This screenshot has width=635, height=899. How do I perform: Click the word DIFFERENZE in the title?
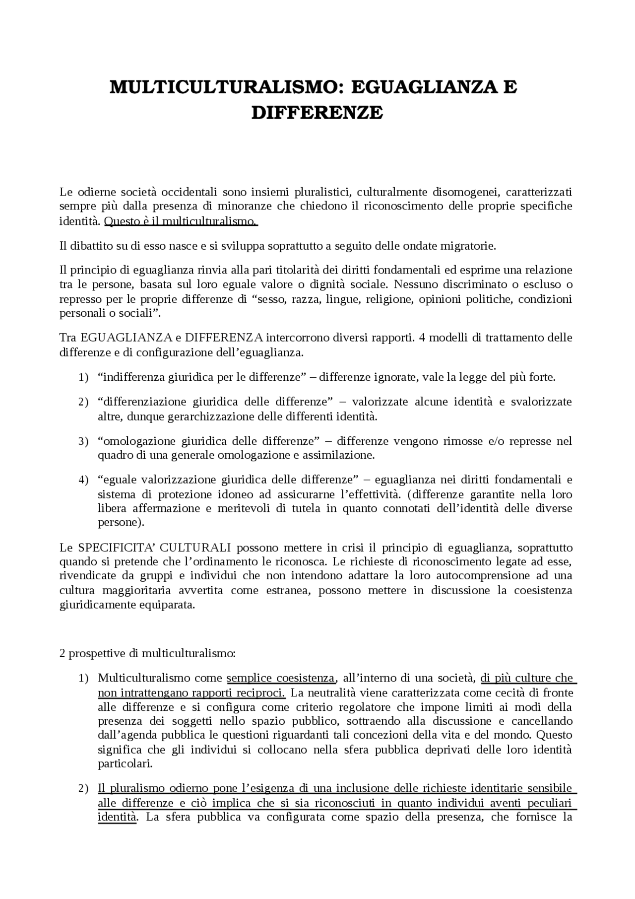point(317,113)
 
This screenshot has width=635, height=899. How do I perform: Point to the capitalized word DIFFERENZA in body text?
point(224,338)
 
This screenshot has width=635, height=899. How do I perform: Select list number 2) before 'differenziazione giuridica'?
point(83,402)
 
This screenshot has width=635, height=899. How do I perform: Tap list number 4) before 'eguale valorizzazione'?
point(83,481)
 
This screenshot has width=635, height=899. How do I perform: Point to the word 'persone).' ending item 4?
point(121,523)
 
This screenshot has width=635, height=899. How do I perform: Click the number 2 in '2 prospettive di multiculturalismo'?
point(63,653)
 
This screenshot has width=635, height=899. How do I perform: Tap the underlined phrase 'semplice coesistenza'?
point(281,678)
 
